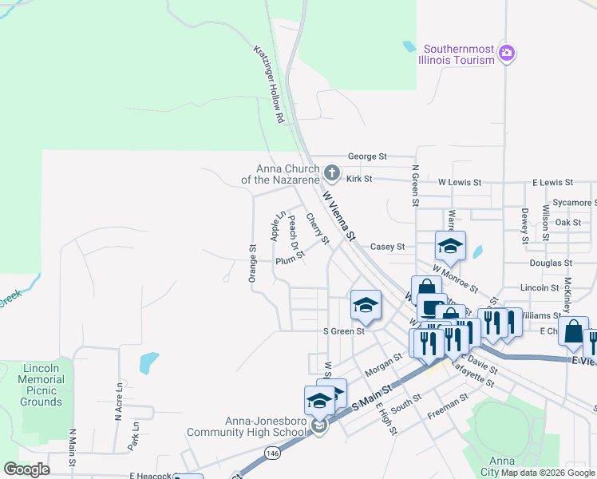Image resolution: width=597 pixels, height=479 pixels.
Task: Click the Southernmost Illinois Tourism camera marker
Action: tap(506, 53)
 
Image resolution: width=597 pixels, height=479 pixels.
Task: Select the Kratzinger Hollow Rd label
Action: tap(270, 83)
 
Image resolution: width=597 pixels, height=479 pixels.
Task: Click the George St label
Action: tap(366, 156)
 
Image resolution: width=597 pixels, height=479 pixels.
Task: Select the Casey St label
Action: tap(388, 247)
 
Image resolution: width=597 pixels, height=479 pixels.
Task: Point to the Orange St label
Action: tap(252, 263)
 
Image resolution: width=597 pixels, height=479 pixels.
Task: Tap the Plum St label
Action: tap(290, 259)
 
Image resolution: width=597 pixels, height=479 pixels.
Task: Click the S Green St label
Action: tap(343, 331)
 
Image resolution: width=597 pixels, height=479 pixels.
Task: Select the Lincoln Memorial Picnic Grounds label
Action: tap(41, 389)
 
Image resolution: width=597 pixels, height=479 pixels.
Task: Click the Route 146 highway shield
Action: tap(273, 453)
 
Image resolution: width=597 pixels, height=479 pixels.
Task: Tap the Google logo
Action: tap(26, 469)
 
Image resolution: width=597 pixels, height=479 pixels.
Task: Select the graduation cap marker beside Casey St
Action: tap(450, 246)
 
